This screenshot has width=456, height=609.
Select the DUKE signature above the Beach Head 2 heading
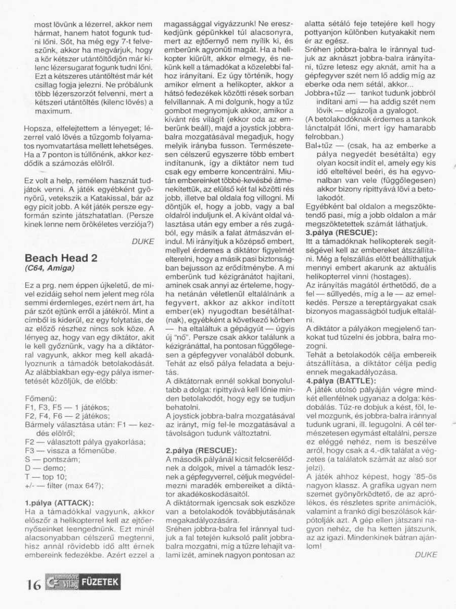coord(142,242)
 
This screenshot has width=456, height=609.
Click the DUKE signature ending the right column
coord(425,555)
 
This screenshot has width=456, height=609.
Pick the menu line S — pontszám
coord(49,459)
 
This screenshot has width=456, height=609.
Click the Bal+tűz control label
coord(319,145)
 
